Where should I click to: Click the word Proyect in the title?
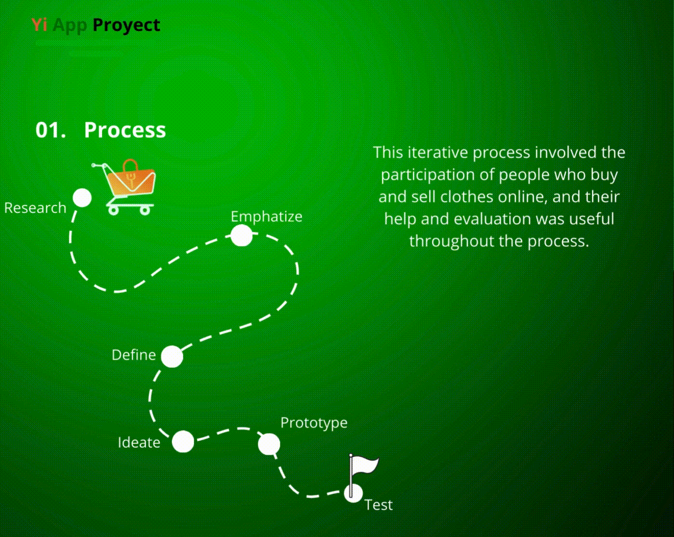tap(126, 25)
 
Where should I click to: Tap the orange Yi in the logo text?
tap(39, 25)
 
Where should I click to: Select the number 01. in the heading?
tap(51, 130)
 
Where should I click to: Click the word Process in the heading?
tap(125, 130)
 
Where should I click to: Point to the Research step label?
tap(35, 208)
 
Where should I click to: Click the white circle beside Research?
tap(82, 198)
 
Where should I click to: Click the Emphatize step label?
tap(266, 217)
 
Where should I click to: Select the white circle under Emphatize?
tap(241, 236)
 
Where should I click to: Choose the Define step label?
tap(134, 355)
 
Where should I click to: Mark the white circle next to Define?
tap(172, 357)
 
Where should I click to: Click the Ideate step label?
tap(139, 443)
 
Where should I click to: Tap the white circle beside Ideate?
tap(183, 442)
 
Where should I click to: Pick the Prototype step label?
tap(314, 422)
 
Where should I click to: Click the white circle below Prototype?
tap(269, 444)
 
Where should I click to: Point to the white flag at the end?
tap(365, 465)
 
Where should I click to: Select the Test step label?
tap(378, 505)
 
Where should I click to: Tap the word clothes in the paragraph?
tap(467, 197)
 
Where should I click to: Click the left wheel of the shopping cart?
tap(114, 210)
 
